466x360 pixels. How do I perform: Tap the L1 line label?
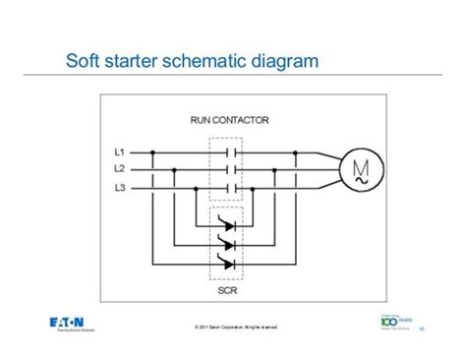point(120,153)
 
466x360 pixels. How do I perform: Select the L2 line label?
point(120,169)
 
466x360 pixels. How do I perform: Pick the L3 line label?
point(120,186)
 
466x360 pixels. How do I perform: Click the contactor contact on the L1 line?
point(232,153)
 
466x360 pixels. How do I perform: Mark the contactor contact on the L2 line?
point(232,169)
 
